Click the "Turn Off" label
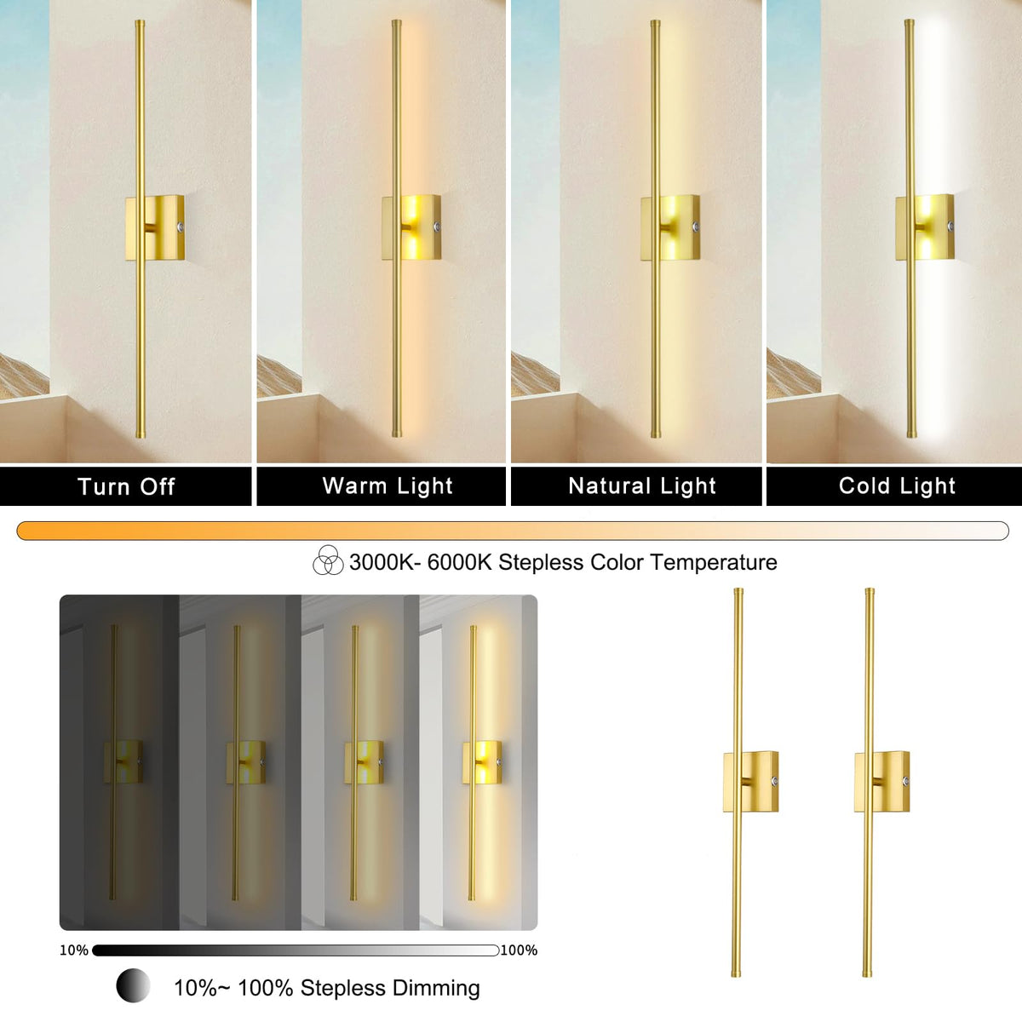coord(126,486)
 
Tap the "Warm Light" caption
coord(388,486)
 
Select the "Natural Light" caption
coord(642,486)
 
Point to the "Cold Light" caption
coord(898,486)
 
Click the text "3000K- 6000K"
coord(421,562)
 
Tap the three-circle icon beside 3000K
coord(328,560)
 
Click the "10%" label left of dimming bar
coord(74,950)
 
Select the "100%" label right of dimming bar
coord(520,950)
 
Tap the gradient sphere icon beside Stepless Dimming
coord(133,985)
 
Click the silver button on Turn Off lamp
coord(181,227)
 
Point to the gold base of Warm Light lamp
coord(411,227)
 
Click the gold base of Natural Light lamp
coord(670,228)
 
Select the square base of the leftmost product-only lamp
coord(751,782)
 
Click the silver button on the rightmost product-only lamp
coord(906,782)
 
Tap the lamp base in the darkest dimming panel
coord(123,762)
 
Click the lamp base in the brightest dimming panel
coord(482,762)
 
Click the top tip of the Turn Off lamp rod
coord(140,20)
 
